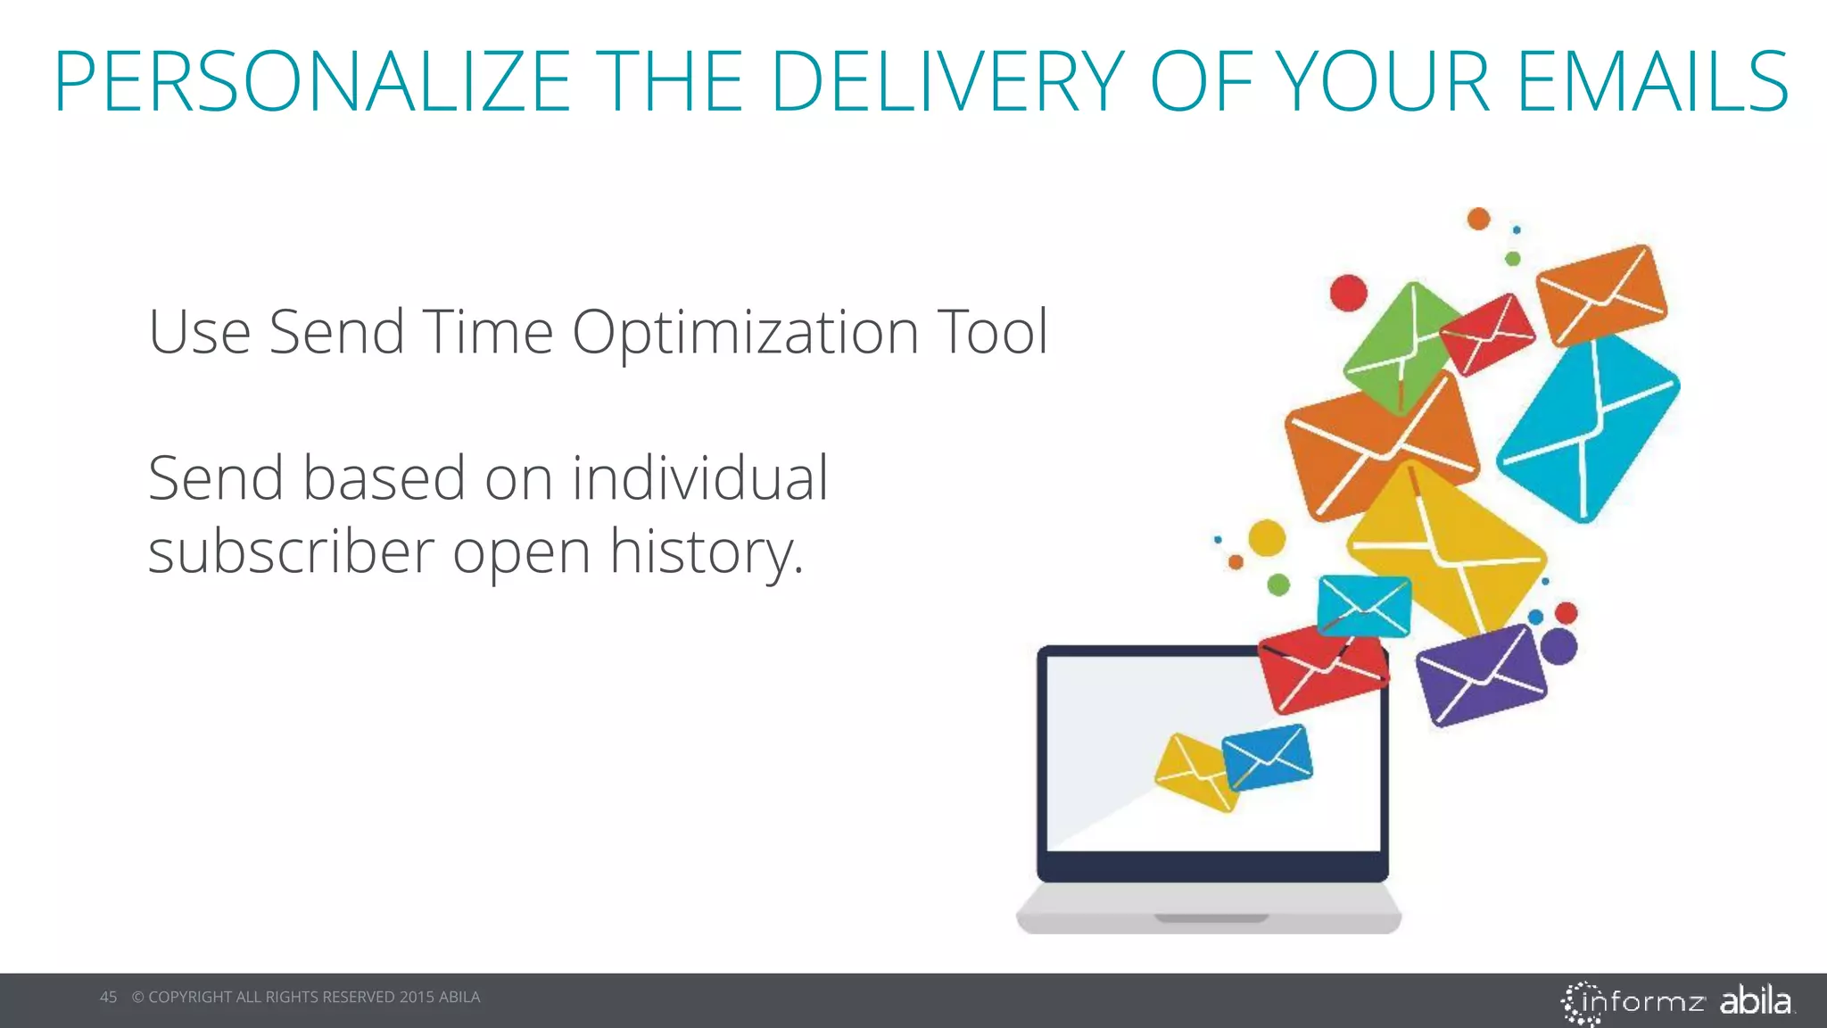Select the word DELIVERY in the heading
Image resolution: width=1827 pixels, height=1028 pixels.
click(947, 82)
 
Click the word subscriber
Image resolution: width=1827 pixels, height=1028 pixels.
click(291, 551)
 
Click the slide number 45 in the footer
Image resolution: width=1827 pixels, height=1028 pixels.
click(108, 997)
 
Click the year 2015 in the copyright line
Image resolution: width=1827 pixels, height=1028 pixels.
click(417, 997)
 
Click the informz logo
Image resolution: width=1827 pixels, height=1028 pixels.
click(1633, 1002)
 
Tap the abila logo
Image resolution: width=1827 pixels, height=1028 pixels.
click(1755, 1000)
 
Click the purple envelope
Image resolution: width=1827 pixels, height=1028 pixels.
click(1481, 675)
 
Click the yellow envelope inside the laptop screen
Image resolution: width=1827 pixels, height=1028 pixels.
click(1195, 772)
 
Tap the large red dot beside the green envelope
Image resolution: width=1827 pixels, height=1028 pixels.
click(1348, 293)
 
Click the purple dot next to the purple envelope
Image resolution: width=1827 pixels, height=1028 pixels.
click(1558, 647)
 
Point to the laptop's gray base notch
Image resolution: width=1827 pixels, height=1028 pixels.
click(1211, 917)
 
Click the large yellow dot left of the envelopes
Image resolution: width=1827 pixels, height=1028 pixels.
click(1266, 538)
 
